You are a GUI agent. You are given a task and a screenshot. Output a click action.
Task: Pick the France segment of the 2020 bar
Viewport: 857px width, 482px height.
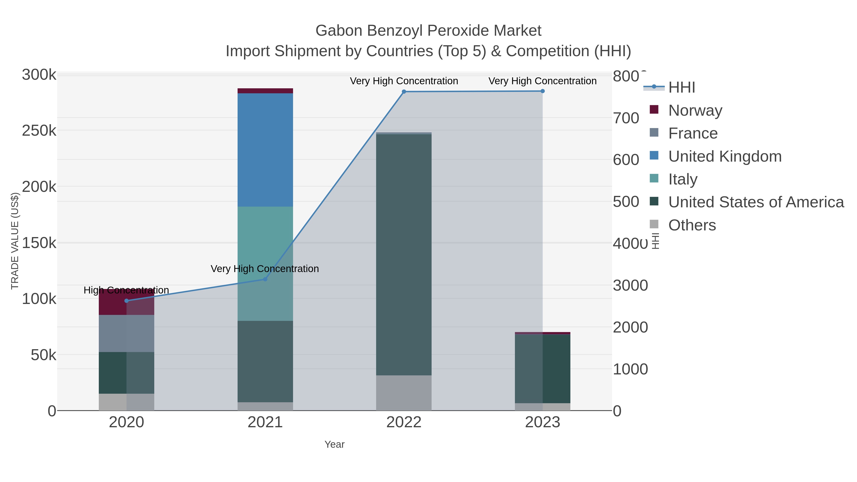click(126, 333)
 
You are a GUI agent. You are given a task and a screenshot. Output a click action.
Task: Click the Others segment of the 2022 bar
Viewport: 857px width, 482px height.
click(404, 393)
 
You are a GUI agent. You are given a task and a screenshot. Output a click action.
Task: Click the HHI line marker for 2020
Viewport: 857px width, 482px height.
click(126, 301)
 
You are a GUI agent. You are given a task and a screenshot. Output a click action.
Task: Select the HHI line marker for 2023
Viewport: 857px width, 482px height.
click(543, 91)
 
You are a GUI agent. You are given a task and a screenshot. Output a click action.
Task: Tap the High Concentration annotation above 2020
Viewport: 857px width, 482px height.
click(126, 290)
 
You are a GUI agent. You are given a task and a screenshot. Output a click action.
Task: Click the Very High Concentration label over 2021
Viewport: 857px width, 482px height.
click(265, 269)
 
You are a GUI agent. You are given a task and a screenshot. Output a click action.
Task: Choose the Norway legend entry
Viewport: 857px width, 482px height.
click(695, 110)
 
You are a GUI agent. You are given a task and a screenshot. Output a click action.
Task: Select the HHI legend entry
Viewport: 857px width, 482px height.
click(681, 88)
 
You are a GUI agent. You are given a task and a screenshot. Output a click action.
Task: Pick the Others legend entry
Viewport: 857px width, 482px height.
click(692, 225)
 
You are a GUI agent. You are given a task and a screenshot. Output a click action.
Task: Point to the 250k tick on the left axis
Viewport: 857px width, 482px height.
click(39, 131)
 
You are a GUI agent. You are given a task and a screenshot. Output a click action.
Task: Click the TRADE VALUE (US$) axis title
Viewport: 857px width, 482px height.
click(15, 241)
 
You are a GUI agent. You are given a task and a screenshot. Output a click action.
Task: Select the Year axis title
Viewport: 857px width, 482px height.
click(334, 444)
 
